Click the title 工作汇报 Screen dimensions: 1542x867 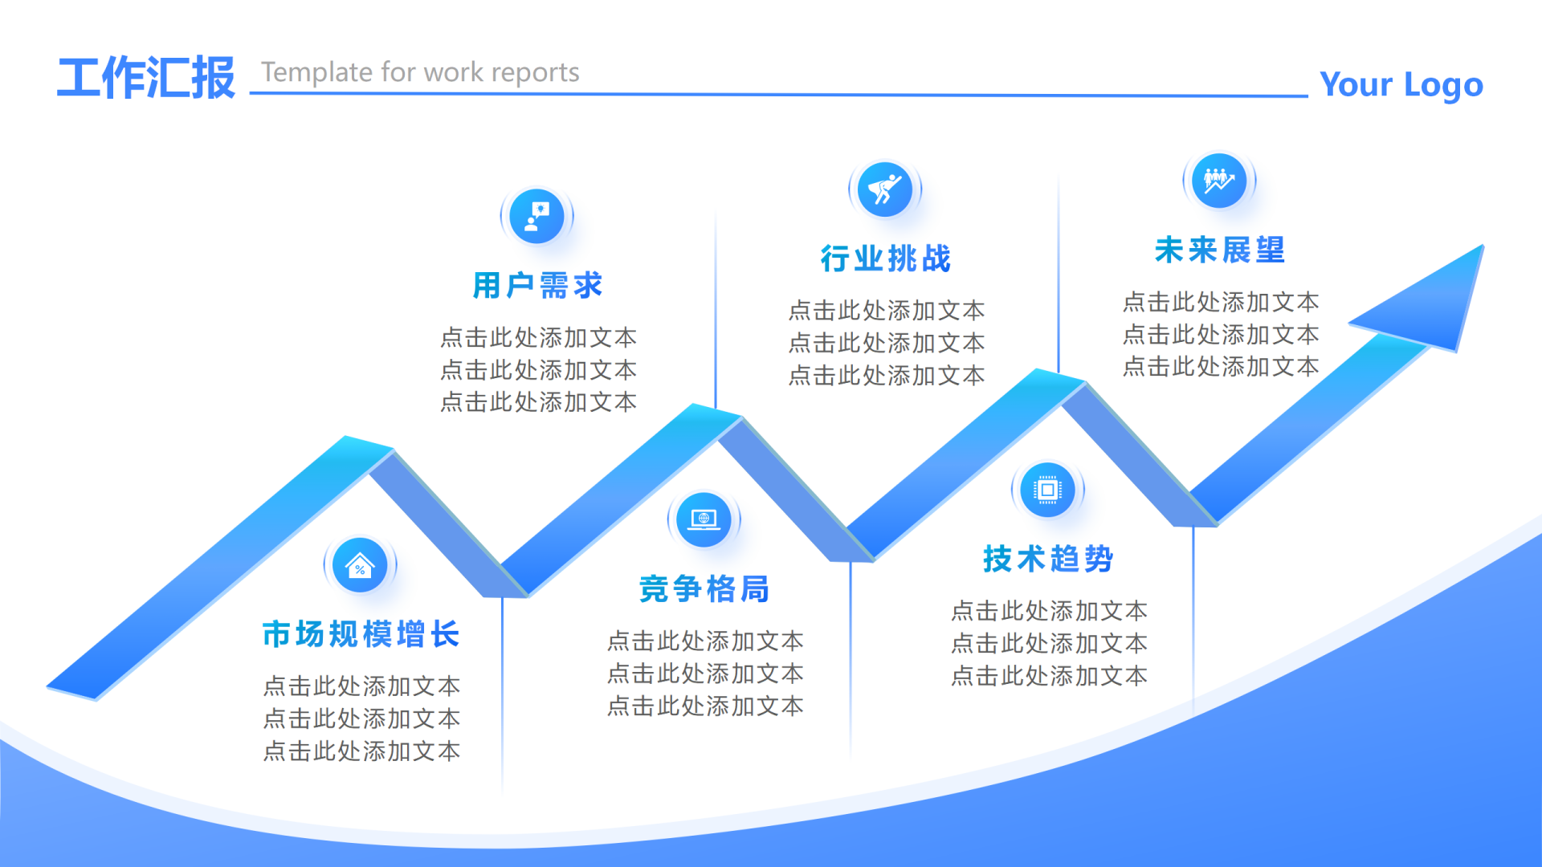click(x=146, y=78)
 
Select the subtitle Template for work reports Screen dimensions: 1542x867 click(x=420, y=72)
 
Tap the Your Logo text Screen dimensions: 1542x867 click(x=1401, y=84)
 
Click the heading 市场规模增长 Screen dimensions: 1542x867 click(x=361, y=634)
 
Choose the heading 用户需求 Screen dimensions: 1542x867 click(x=538, y=285)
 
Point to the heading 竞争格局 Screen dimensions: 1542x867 click(x=704, y=589)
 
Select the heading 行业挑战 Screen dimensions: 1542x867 click(x=886, y=258)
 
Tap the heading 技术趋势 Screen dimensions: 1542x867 click(x=1048, y=559)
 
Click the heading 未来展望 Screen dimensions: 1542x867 click(x=1220, y=250)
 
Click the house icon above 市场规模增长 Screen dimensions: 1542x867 click(x=360, y=565)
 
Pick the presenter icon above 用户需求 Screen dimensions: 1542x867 click(x=536, y=216)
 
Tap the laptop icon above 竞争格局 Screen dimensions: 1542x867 click(x=704, y=519)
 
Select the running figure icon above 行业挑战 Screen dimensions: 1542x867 click(x=885, y=189)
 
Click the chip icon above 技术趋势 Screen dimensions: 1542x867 click(x=1047, y=490)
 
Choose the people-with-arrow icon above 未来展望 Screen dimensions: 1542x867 click(x=1219, y=181)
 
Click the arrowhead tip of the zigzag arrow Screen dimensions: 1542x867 click(x=1483, y=246)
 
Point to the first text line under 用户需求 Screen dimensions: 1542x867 click(x=538, y=337)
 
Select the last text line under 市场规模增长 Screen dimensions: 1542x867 click(x=361, y=751)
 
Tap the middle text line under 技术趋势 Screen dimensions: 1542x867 click(x=1049, y=643)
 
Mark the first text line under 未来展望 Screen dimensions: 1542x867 click(x=1221, y=302)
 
